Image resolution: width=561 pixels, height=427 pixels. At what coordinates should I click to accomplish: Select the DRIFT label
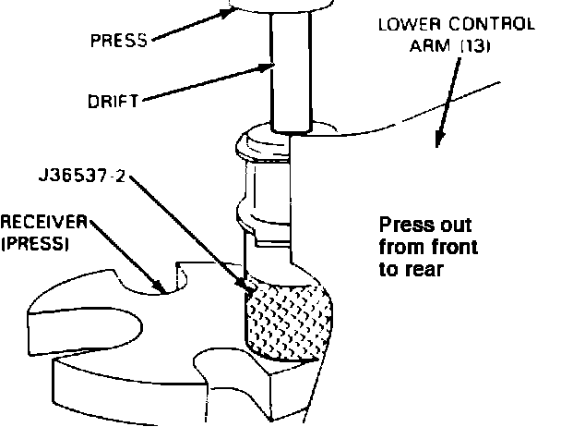tap(113, 102)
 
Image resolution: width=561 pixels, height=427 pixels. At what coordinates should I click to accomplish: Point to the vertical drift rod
tap(292, 74)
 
